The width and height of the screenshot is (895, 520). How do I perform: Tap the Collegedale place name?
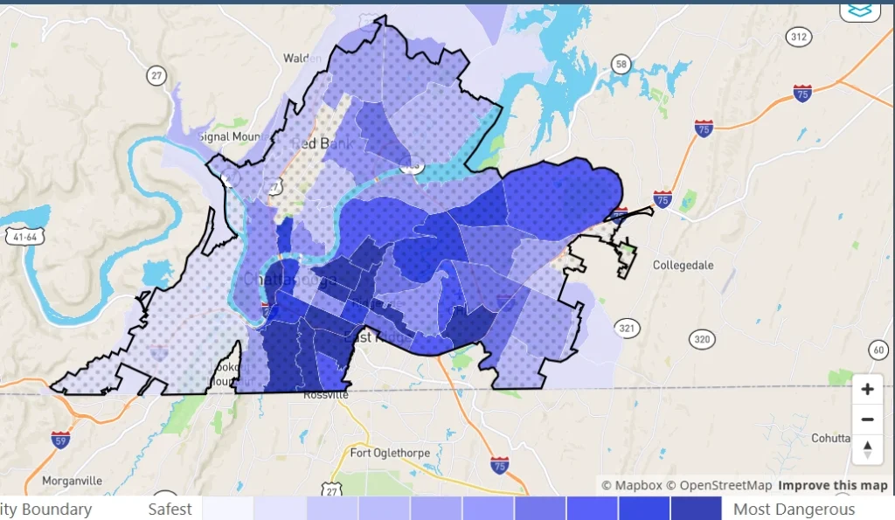[x=683, y=265]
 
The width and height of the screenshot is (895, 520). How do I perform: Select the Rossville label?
[x=325, y=395]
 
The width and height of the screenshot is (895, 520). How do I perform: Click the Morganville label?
[x=73, y=481]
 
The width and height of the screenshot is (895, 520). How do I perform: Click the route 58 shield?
[x=621, y=64]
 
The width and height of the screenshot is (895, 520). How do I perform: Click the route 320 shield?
[x=700, y=339]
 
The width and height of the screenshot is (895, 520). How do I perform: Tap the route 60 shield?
[x=878, y=350]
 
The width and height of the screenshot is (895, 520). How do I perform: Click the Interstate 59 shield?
[x=60, y=439]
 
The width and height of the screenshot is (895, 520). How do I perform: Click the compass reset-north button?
[x=867, y=449]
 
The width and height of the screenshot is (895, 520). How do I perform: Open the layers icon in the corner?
[x=860, y=10]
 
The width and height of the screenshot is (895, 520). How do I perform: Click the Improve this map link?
[x=833, y=486]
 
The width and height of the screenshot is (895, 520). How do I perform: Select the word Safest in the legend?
[x=170, y=510]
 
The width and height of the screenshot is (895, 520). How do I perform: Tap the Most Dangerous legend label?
[x=794, y=510]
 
